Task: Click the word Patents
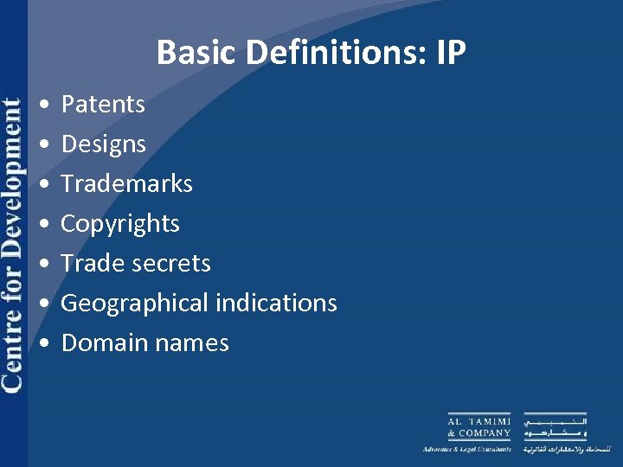coord(103,105)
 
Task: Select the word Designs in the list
coord(103,144)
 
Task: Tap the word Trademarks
coord(126,183)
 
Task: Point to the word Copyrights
coord(120,224)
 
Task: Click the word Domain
coord(98,343)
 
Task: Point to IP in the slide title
coord(451,54)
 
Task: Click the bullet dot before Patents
coord(43,106)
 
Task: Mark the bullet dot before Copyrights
coord(43,225)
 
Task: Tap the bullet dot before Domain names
coord(43,344)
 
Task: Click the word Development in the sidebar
coord(13,178)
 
